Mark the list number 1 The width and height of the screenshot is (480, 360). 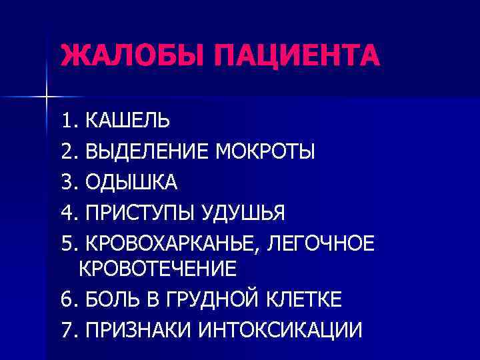coord(66,121)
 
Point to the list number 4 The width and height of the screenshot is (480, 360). coord(66,213)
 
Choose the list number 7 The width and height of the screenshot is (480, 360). coord(66,329)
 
